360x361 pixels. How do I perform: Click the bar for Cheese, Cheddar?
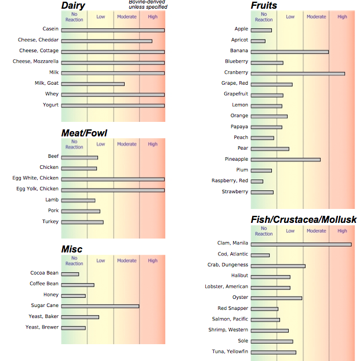coord(107,41)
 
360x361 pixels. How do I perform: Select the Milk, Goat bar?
coord(93,84)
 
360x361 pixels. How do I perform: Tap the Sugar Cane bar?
coord(100,306)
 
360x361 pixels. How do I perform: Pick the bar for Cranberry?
coord(297,73)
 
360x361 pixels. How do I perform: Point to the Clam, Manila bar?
coord(301,244)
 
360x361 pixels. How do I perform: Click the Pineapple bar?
coord(285,159)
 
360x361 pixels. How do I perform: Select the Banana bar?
coord(289,52)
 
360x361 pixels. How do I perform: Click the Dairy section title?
coord(73,6)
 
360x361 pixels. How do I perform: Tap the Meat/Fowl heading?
coord(84,133)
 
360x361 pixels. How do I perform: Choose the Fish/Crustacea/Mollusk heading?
coord(304,219)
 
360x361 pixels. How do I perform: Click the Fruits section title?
coord(264,6)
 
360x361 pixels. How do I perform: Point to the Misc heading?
coord(72,250)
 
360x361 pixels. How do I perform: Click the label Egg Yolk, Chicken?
coord(37,189)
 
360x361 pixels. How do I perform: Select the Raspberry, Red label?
coord(230,181)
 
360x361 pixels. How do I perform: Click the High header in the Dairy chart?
coord(152,17)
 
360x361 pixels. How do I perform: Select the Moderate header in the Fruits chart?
coord(316,17)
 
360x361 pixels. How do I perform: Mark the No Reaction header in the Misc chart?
coord(74,261)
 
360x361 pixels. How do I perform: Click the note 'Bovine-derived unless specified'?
coord(148,5)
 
